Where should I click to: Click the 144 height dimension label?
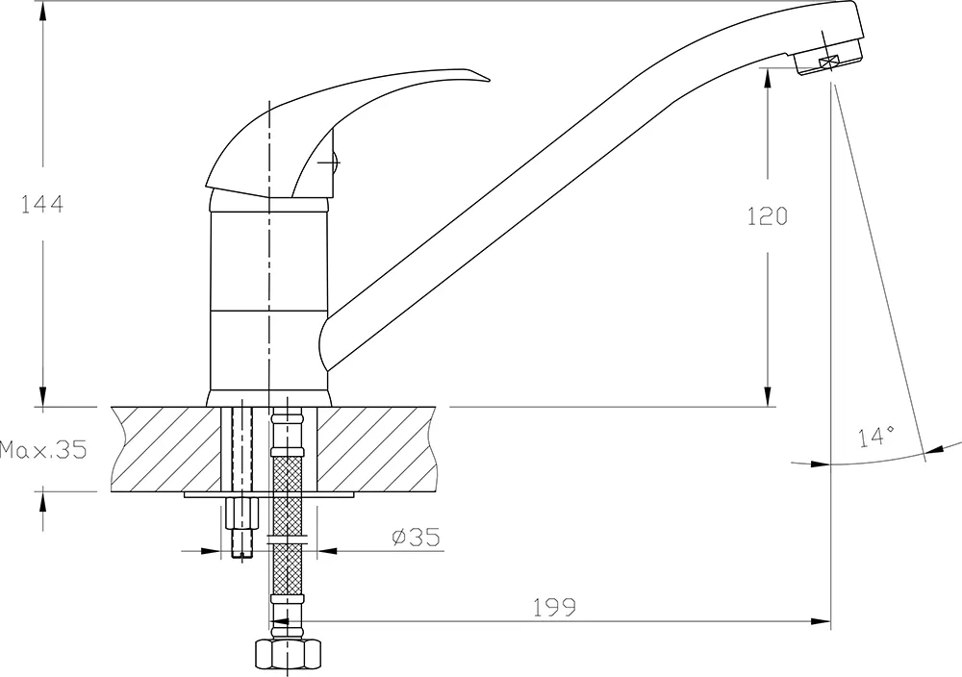[42, 204]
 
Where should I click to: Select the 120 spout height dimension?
[767, 215]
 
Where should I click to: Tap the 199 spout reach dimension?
[554, 607]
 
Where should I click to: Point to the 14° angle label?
[876, 438]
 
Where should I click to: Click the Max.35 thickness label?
[43, 449]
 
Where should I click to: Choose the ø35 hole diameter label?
[416, 538]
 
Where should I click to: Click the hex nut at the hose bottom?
[288, 657]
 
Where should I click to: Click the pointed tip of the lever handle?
[489, 79]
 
